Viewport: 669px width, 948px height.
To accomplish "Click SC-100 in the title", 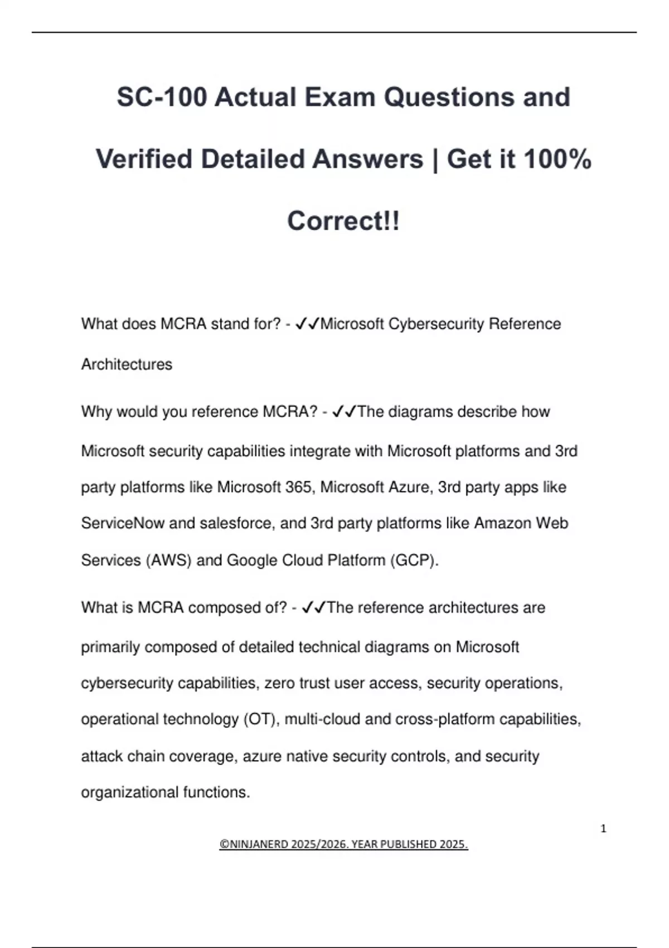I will point(162,97).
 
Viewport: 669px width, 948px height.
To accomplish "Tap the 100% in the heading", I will point(557,159).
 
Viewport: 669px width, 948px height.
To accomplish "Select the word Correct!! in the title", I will point(343,221).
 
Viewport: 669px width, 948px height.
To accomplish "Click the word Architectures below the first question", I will point(127,364).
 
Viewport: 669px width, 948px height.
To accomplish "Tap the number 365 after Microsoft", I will point(298,487).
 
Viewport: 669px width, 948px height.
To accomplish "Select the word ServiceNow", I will point(123,523).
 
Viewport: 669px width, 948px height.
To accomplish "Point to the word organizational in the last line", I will point(130,792).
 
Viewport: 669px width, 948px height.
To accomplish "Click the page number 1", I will point(603,829).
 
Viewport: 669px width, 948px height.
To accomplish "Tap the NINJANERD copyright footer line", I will point(343,844).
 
